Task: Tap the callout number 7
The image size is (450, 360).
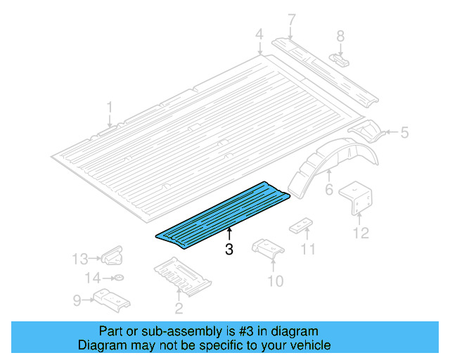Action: (292, 19)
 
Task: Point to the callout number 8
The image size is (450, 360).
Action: (340, 36)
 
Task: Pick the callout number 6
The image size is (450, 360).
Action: (328, 190)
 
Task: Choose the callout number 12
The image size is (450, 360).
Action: (361, 233)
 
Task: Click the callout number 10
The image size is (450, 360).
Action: (275, 281)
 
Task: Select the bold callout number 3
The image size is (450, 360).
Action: (229, 249)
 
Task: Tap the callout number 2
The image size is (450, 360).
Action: (179, 307)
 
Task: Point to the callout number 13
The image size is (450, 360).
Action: (80, 259)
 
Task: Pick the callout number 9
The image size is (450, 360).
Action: (77, 300)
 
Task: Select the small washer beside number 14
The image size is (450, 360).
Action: (117, 278)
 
